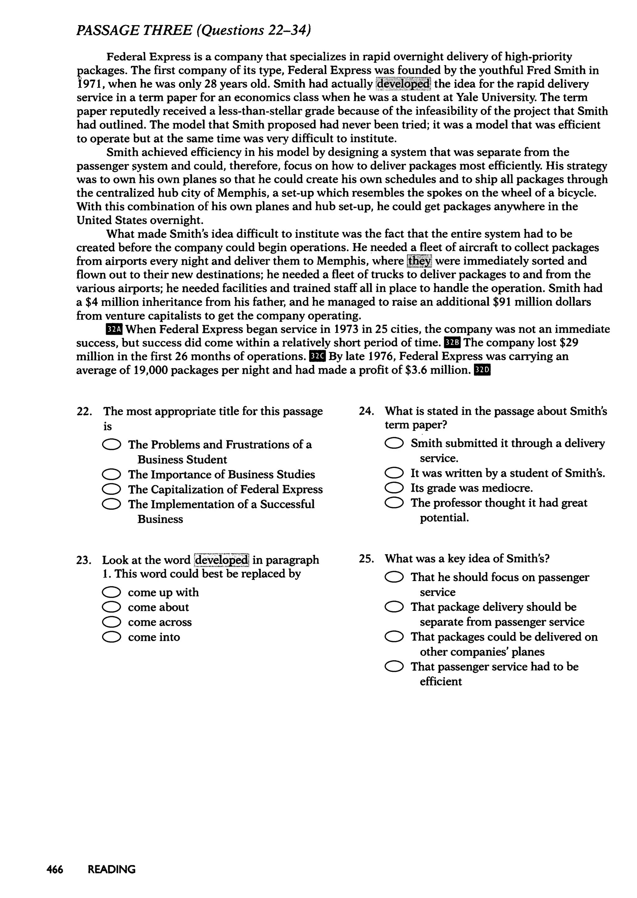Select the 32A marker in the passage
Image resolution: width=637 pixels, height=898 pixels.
(x=114, y=329)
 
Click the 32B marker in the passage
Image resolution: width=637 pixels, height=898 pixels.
(x=452, y=343)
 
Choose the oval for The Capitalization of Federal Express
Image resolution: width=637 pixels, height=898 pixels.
(x=111, y=489)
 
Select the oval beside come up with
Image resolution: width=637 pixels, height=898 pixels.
(x=111, y=592)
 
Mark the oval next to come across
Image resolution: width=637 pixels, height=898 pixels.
(x=111, y=622)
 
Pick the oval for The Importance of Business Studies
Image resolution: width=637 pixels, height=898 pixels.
(x=111, y=475)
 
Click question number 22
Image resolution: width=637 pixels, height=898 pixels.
(x=84, y=412)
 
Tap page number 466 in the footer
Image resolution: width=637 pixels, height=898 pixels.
(x=55, y=870)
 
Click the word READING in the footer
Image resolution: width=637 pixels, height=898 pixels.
(x=112, y=870)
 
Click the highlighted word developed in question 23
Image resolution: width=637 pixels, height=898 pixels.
(x=222, y=560)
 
